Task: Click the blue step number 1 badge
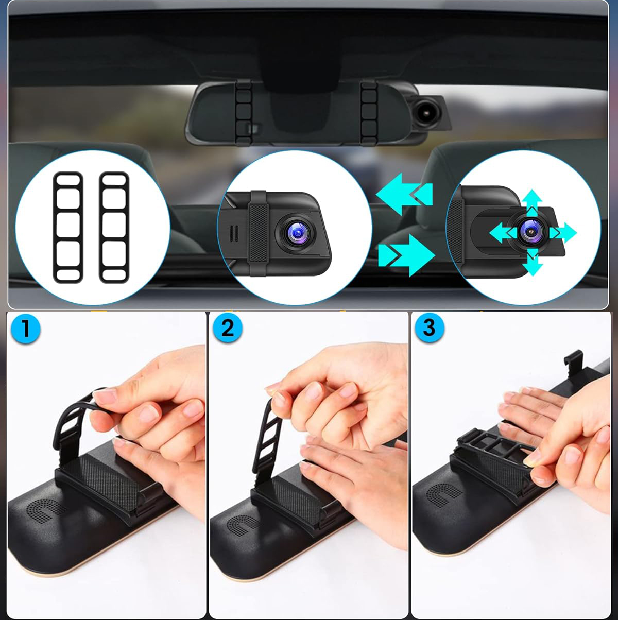coord(25,329)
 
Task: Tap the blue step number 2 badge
coord(228,328)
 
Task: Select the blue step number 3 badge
coord(430,328)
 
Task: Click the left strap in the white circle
coord(68,228)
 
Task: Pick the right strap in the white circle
coord(114,228)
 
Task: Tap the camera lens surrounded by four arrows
coord(530,231)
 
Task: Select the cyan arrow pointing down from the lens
coord(533,262)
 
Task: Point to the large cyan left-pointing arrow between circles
coord(404,194)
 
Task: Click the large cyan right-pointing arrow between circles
coord(407,255)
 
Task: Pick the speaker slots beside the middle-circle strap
coord(234,234)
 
